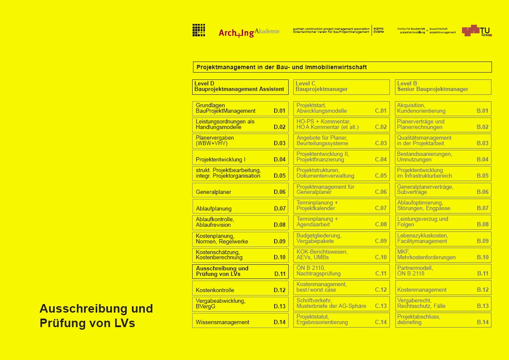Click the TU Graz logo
click(477, 31)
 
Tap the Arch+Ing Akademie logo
click(249, 32)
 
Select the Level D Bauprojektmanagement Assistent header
click(240, 87)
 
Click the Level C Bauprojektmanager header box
click(341, 87)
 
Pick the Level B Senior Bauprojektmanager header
click(443, 87)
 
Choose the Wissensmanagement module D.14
click(240, 320)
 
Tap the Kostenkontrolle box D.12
click(240, 288)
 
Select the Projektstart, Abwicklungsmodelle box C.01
click(341, 108)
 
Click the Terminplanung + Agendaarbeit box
click(341, 222)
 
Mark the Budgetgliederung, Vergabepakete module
click(341, 238)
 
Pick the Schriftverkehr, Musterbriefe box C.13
click(341, 304)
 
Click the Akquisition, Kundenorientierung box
click(443, 108)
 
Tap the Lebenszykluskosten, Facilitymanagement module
click(443, 238)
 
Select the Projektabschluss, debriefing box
click(443, 320)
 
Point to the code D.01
click(280, 111)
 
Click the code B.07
click(483, 208)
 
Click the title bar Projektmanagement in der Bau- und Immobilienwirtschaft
click(342, 67)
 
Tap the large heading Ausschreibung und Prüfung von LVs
click(96, 316)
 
